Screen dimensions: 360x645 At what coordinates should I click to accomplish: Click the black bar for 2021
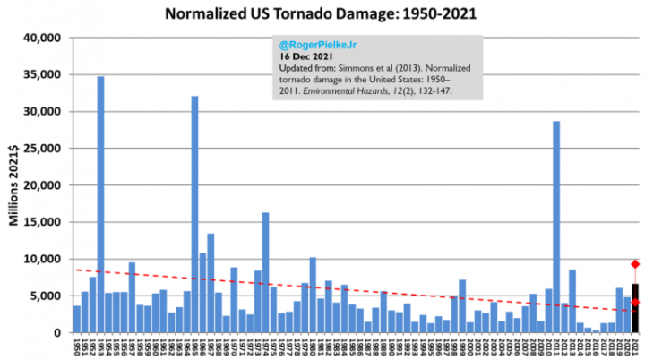(635, 309)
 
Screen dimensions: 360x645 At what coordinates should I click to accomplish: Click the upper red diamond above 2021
(635, 264)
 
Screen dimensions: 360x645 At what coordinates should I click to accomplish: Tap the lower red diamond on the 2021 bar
(635, 302)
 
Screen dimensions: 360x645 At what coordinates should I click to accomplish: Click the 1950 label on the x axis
(78, 347)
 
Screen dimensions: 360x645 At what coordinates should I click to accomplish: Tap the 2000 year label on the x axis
(470, 347)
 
